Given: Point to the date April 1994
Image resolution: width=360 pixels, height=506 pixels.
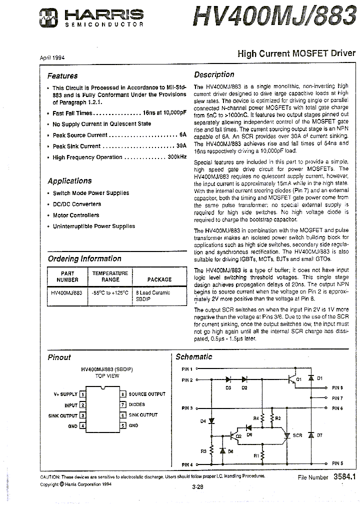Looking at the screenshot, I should pyautogui.click(x=52, y=57).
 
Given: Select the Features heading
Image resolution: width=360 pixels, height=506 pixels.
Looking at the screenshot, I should pyautogui.click(x=62, y=76).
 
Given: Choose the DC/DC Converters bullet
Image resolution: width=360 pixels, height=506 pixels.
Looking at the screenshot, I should pyautogui.click(x=77, y=204).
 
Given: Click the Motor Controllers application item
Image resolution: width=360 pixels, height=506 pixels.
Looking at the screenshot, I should pyautogui.click(x=76, y=215).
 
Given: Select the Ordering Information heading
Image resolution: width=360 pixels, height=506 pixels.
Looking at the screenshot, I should pyautogui.click(x=84, y=258).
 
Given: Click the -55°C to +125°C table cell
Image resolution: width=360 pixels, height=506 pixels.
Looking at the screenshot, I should pyautogui.click(x=110, y=293).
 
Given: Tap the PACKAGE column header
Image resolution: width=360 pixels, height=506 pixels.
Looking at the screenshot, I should pyautogui.click(x=159, y=279).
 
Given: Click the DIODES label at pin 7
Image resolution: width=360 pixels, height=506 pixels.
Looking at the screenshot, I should pyautogui.click(x=137, y=404).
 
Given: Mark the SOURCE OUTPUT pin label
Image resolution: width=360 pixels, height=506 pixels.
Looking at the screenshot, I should pyautogui.click(x=147, y=394).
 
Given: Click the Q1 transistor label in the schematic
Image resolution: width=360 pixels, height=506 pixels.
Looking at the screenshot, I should pyautogui.click(x=299, y=379).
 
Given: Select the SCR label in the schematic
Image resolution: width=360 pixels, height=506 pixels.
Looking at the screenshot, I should pyautogui.click(x=297, y=435).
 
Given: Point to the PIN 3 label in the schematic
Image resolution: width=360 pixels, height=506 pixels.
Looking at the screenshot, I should pyautogui.click(x=186, y=408).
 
